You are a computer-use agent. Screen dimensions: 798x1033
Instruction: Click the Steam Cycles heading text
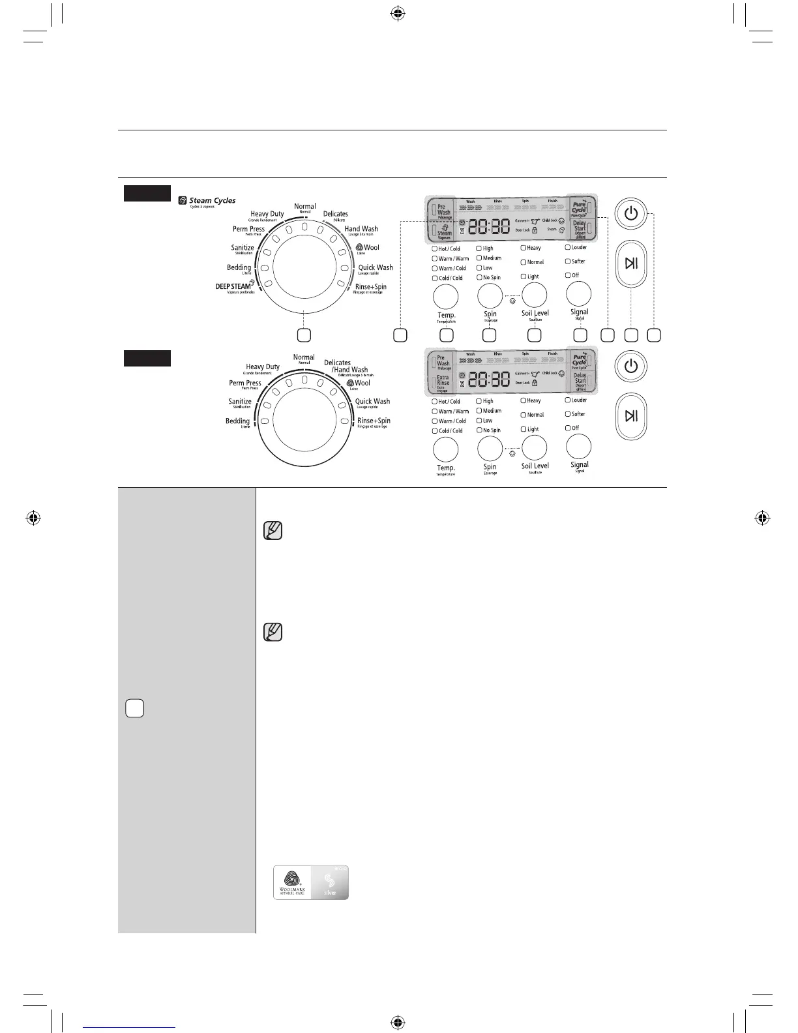click(x=212, y=201)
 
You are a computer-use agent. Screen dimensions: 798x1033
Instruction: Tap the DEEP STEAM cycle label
click(x=233, y=286)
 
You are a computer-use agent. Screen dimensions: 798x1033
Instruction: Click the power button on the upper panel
click(x=630, y=213)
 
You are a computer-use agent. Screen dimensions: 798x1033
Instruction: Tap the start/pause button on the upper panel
click(x=630, y=263)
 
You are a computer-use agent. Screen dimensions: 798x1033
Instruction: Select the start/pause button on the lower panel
click(x=630, y=416)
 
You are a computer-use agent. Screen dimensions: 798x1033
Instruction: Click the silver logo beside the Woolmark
click(x=330, y=883)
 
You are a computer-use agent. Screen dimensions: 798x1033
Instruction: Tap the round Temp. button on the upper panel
click(x=446, y=297)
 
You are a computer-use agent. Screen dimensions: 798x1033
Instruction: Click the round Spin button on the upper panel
click(x=490, y=296)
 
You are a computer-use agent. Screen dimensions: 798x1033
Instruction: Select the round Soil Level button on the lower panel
click(x=535, y=448)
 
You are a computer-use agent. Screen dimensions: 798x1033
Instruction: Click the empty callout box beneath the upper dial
click(x=304, y=335)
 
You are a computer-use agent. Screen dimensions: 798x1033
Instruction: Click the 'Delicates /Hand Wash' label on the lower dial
click(x=346, y=367)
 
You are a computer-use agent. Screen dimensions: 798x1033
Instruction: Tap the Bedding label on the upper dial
click(x=239, y=267)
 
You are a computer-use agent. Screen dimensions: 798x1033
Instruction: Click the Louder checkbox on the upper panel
click(x=568, y=248)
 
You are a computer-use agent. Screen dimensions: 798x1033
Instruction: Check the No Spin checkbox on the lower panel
click(x=479, y=430)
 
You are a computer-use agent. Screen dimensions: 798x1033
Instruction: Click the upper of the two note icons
click(x=273, y=531)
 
